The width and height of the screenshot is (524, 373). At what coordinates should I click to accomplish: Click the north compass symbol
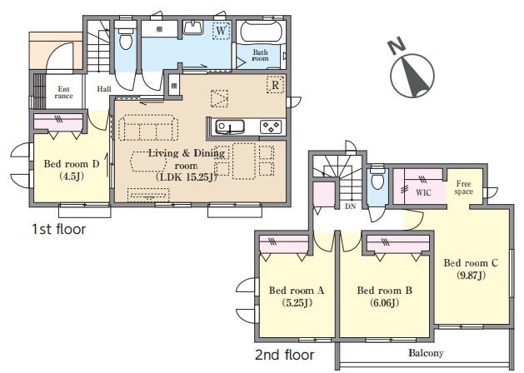[x=412, y=76]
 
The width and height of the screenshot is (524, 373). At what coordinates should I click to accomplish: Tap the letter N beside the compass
[x=397, y=46]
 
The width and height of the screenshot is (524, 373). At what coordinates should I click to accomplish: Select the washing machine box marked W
[x=221, y=31]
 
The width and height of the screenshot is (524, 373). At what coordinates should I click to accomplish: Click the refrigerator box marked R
[x=275, y=85]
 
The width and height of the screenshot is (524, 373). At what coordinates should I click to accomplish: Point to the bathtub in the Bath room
[x=262, y=32]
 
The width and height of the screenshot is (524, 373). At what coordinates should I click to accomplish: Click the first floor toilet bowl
[x=126, y=40]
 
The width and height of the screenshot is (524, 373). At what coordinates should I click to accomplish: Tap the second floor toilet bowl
[x=377, y=180]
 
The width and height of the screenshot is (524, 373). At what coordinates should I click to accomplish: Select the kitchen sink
[x=230, y=127]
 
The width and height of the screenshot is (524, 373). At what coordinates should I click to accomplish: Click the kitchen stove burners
[x=271, y=127]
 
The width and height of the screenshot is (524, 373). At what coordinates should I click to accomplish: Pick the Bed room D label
[x=72, y=164]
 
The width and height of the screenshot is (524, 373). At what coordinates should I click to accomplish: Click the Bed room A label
[x=297, y=291]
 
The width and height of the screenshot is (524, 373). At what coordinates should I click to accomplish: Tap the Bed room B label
[x=385, y=291]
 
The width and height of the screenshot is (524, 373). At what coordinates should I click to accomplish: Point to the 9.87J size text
[x=472, y=276]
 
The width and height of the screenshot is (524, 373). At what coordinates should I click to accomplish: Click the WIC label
[x=423, y=192]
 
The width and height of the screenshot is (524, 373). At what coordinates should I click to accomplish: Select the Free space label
[x=463, y=187]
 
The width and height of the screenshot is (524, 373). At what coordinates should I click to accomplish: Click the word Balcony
[x=426, y=353]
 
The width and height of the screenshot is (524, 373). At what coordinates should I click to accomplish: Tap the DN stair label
[x=350, y=206]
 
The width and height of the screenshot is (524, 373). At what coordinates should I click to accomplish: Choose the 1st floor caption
[x=59, y=230]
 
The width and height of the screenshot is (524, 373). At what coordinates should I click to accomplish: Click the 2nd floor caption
[x=284, y=355]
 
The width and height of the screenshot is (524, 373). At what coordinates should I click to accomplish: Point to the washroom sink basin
[x=193, y=27]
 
